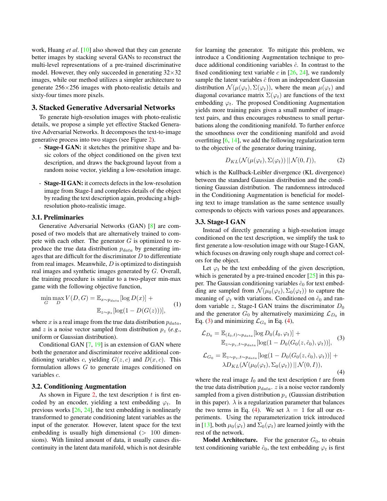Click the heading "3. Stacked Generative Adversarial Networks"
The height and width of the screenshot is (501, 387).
pos(103,108)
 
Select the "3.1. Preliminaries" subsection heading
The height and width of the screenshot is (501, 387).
pos(58,217)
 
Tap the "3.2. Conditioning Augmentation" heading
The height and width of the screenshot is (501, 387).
pos(79,387)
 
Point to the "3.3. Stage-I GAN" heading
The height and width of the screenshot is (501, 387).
pos(220,222)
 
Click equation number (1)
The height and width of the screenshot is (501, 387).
pos(177,304)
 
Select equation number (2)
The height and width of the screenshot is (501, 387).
pos(341,160)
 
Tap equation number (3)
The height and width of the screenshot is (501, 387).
pos(341,338)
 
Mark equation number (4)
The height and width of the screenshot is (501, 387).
pos(341,372)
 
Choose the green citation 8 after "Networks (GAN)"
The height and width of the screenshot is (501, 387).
pos(152,226)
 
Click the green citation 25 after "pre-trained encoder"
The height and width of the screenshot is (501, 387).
pos(312,276)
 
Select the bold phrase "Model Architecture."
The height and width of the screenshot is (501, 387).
pos(230,440)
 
